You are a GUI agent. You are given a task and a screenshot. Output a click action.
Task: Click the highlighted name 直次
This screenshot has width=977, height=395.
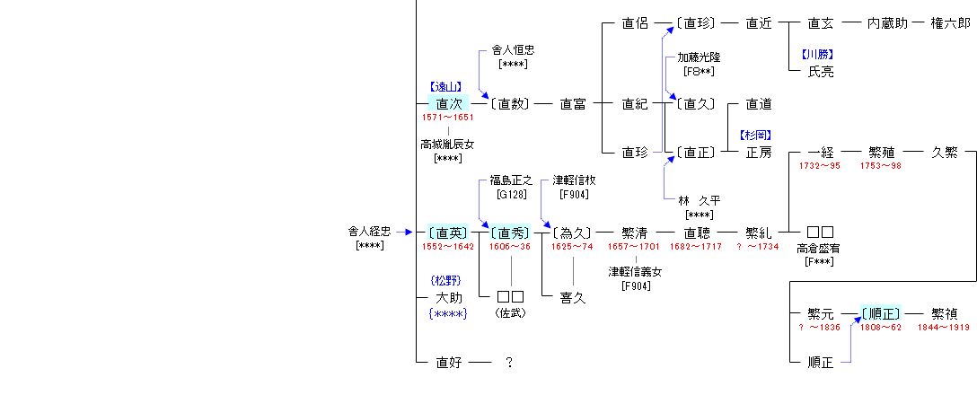pyautogui.click(x=448, y=104)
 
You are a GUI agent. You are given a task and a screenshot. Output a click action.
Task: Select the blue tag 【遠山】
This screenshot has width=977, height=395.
pyautogui.click(x=448, y=87)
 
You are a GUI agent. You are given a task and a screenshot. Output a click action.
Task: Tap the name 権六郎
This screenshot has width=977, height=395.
pyautogui.click(x=950, y=24)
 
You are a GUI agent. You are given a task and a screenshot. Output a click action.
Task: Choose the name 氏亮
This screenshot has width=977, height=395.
pyautogui.click(x=821, y=71)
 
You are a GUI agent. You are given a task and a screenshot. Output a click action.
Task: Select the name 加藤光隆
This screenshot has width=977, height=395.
pyautogui.click(x=699, y=57)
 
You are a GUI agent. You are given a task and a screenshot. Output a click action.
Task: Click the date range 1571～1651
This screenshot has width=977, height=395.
pyautogui.click(x=448, y=118)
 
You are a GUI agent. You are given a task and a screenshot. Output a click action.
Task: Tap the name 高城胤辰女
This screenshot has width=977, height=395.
pyautogui.click(x=447, y=144)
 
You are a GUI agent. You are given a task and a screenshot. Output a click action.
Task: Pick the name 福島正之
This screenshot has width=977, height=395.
pyautogui.click(x=511, y=180)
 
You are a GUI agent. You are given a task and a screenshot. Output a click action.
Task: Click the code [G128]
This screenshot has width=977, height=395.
pyautogui.click(x=511, y=194)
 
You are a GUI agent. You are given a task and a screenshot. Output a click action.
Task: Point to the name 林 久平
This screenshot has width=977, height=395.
pyautogui.click(x=699, y=201)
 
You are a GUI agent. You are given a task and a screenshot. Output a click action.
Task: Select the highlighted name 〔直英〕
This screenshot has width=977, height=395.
pyautogui.click(x=448, y=233)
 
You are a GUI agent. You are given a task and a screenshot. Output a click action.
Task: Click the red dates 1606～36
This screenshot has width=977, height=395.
pyautogui.click(x=511, y=247)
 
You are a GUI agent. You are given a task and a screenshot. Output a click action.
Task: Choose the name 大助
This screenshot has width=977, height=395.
pyautogui.click(x=448, y=297)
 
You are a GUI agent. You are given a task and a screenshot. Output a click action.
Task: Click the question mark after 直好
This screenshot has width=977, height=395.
pyautogui.click(x=509, y=363)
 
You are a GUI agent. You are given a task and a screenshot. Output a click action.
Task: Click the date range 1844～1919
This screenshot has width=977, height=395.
pyautogui.click(x=944, y=328)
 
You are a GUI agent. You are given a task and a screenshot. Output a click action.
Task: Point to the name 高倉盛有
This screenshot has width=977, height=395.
pyautogui.click(x=819, y=248)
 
